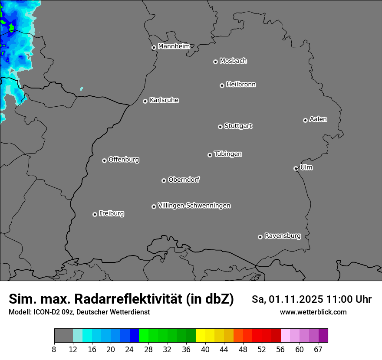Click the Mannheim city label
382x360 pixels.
174,46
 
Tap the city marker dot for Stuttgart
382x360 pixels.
220,127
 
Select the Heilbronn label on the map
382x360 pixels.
241,85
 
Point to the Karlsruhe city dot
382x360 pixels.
145,101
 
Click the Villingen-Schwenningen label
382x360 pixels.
194,206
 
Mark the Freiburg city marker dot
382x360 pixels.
95,214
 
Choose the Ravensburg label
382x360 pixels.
282,236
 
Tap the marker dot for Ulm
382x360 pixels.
296,168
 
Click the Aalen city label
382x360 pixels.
318,119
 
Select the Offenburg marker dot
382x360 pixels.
104,160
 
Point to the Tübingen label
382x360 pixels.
228,154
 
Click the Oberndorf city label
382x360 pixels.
184,180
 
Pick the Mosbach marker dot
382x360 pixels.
215,62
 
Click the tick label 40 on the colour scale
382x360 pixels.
205,350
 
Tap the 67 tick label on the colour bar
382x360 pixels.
318,350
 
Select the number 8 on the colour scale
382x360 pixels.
54,350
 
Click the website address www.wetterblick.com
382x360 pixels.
313,312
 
